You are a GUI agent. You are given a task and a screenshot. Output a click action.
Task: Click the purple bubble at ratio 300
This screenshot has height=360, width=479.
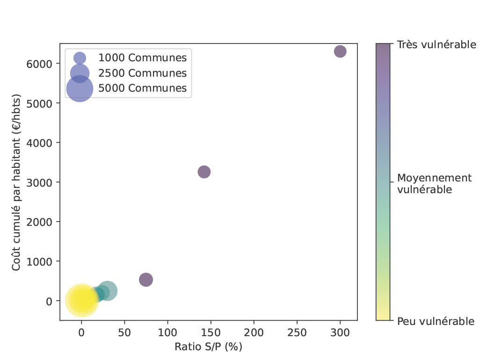[x=340, y=51]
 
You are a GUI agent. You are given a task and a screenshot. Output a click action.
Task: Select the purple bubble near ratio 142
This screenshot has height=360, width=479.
[x=204, y=172]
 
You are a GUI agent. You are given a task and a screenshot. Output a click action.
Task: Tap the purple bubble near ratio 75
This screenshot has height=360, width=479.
[x=146, y=280]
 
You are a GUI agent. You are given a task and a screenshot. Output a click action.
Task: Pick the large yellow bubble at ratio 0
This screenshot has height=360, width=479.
[x=81, y=300]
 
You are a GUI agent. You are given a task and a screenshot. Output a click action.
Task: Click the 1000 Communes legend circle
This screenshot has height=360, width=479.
[x=80, y=58]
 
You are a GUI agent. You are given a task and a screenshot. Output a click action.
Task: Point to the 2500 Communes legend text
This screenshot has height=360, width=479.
[x=142, y=73]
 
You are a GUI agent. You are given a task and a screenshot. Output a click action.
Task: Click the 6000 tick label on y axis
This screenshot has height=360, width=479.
[x=42, y=64]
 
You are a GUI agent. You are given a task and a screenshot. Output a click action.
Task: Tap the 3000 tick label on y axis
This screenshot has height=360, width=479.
[x=42, y=182]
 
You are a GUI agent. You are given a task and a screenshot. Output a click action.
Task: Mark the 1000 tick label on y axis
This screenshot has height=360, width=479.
[x=42, y=261]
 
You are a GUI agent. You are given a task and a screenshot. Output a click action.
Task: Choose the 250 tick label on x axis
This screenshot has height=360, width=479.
[x=297, y=332]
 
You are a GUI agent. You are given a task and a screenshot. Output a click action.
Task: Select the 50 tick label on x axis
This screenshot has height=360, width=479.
[x=124, y=332]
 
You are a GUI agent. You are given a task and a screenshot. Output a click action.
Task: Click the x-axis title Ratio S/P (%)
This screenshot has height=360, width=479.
[x=208, y=347]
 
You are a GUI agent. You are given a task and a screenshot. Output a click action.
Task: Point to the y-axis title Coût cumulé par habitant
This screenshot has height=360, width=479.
[x=17, y=182]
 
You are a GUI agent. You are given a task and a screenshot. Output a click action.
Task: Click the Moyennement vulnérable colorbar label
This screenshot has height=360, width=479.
[x=434, y=184]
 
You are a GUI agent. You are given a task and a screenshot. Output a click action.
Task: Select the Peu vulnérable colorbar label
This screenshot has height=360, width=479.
[x=435, y=321]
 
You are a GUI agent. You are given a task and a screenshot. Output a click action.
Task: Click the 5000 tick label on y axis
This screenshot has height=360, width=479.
[x=42, y=103]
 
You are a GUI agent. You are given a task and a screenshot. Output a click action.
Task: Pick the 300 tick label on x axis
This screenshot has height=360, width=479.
[x=340, y=332]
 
